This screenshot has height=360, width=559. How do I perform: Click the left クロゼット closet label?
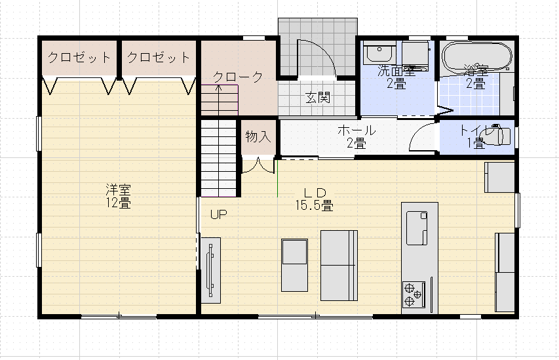click(x=79, y=58)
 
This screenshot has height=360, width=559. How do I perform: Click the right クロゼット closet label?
click(x=159, y=58)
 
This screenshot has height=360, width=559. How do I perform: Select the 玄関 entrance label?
click(x=317, y=99)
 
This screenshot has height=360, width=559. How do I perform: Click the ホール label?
click(x=356, y=130)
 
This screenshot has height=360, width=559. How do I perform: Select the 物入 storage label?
click(x=258, y=137)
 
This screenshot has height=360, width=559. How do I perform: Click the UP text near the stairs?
click(x=218, y=214)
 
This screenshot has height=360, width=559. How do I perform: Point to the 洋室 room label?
click(x=118, y=190)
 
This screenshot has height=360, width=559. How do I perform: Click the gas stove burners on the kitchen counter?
click(x=414, y=294)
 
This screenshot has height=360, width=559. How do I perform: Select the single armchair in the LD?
click(x=294, y=265)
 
